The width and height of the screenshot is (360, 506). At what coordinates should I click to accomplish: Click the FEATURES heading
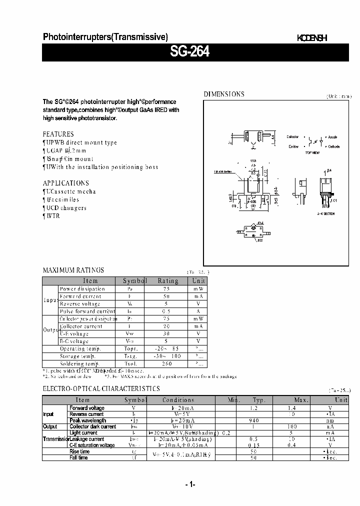(58, 134)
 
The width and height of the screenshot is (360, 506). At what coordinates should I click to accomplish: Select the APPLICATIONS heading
(65, 183)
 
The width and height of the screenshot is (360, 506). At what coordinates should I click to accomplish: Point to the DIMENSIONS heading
(223, 94)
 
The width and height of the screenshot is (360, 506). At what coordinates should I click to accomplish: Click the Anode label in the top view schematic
(332, 136)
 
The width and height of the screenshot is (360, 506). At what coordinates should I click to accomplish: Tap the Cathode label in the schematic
(333, 146)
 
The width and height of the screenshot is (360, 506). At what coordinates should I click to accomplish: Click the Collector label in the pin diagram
(292, 136)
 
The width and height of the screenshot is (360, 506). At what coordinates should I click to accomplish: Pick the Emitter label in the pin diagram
(293, 146)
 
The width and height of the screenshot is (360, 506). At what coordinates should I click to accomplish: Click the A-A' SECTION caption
(325, 213)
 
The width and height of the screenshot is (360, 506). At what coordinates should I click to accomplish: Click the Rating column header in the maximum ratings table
(168, 281)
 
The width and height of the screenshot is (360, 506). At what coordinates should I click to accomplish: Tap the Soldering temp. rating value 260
(168, 364)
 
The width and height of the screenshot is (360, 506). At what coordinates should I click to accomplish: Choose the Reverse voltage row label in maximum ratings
(80, 303)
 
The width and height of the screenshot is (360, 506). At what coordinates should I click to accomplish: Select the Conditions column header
(178, 400)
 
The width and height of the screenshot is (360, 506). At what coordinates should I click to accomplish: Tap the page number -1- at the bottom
(190, 484)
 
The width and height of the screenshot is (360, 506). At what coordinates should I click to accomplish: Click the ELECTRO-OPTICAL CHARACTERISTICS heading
(101, 388)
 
